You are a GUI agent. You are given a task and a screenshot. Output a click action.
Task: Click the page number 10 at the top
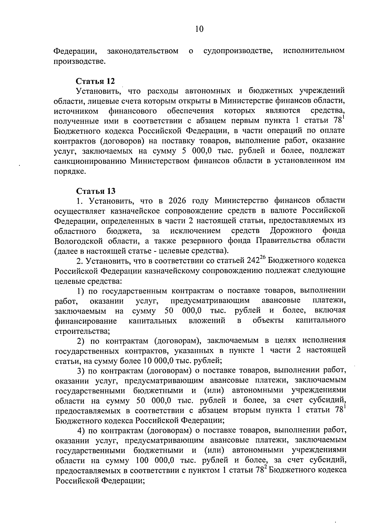click(x=199, y=29)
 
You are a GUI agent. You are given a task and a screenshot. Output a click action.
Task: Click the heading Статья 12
click(x=95, y=81)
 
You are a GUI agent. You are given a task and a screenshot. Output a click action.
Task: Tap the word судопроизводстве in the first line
click(x=238, y=51)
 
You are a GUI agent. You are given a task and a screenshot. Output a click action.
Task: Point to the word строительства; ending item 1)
click(x=82, y=331)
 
